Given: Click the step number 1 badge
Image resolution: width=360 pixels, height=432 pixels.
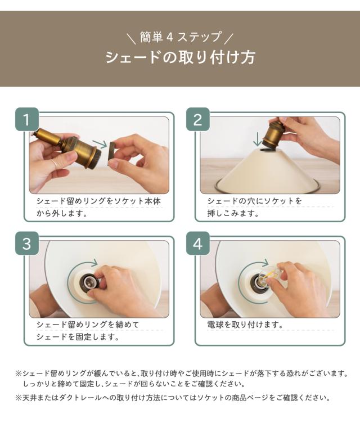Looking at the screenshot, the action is tap(26, 119).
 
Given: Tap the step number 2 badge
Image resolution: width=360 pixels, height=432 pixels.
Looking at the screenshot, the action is tap(198, 119).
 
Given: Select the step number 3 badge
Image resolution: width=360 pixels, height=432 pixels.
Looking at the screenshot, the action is tap(26, 243).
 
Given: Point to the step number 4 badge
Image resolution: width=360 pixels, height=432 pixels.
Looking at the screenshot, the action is tap(198, 243).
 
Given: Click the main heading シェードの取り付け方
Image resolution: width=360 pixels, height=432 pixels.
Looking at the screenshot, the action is tap(180, 57).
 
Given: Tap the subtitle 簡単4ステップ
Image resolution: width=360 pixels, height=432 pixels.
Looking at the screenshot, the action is tap(181, 37).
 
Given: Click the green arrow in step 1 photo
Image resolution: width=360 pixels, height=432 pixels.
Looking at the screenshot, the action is tap(100, 144).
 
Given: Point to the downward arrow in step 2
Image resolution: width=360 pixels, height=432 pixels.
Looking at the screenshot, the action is tap(257, 139).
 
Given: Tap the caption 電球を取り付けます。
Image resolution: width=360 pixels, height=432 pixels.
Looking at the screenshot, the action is tap(245, 325).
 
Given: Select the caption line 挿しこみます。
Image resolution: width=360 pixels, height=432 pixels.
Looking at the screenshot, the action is tap(233, 213).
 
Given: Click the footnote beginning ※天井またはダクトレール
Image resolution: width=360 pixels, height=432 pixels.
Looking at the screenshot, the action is tap(173, 398).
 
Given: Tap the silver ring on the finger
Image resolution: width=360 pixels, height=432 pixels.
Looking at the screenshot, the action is tap(55, 164).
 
